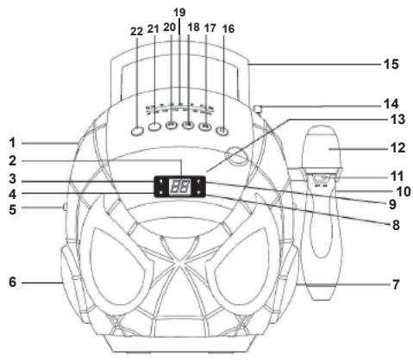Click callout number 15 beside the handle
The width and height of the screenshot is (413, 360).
coord(391,64)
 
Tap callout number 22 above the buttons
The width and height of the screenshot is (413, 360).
coord(136,31)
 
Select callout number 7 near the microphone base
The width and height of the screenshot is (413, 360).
coord(396,284)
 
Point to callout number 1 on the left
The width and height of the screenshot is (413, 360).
coord(12,143)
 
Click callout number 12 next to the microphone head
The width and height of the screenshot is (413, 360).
coord(397,148)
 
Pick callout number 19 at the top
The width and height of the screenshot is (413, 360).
coord(179,12)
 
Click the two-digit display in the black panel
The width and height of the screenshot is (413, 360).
coord(180,187)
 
